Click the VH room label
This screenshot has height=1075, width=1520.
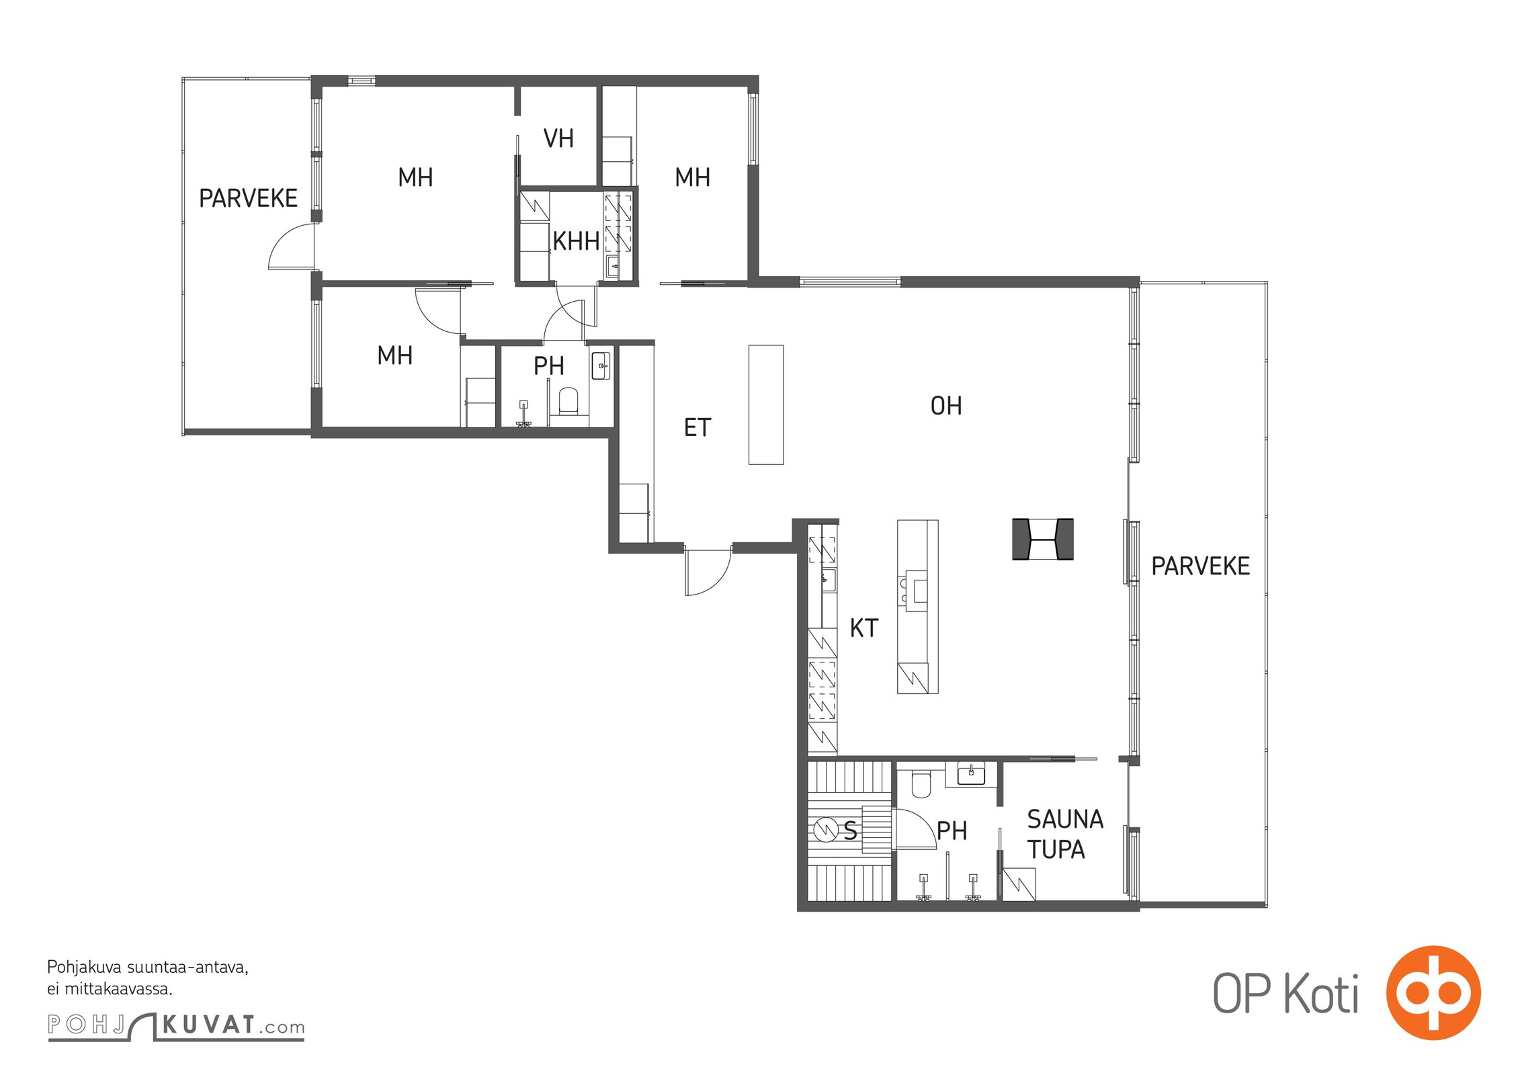coord(558,138)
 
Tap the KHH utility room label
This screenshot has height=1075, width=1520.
coord(576,241)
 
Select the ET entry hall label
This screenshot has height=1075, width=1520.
coord(697,427)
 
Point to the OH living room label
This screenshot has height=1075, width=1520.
coord(946,406)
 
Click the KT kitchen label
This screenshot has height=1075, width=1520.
coord(863,628)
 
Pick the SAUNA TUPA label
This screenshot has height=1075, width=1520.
coord(1064,834)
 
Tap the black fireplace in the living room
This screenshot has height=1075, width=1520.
coord(1042,539)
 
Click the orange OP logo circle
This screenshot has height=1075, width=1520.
coord(1433,992)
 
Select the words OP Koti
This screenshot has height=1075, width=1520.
coord(1285,994)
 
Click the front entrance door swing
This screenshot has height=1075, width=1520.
coord(708,571)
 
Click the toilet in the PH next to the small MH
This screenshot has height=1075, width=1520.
coord(568,400)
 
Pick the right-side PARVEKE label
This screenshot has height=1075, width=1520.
coord(1200,566)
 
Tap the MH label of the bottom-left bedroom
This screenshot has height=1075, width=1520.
coord(394,355)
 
